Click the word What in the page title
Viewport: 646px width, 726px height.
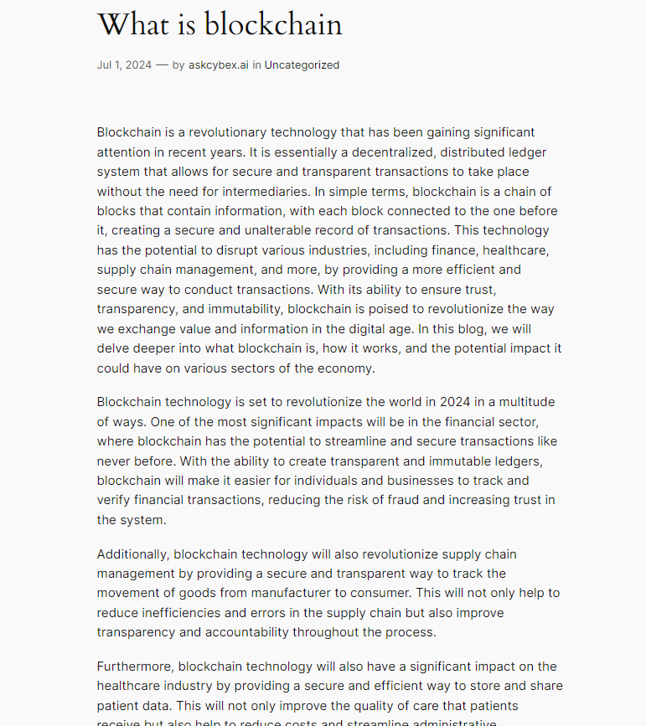pyautogui.click(x=133, y=24)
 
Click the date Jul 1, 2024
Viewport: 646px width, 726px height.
pyautogui.click(x=124, y=65)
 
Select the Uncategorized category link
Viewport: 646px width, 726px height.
pyautogui.click(x=302, y=65)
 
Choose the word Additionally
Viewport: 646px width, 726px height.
pyautogui.click(x=132, y=554)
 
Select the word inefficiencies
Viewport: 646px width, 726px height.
pyautogui.click(x=185, y=613)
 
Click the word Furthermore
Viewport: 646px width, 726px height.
pyautogui.click(x=134, y=667)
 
